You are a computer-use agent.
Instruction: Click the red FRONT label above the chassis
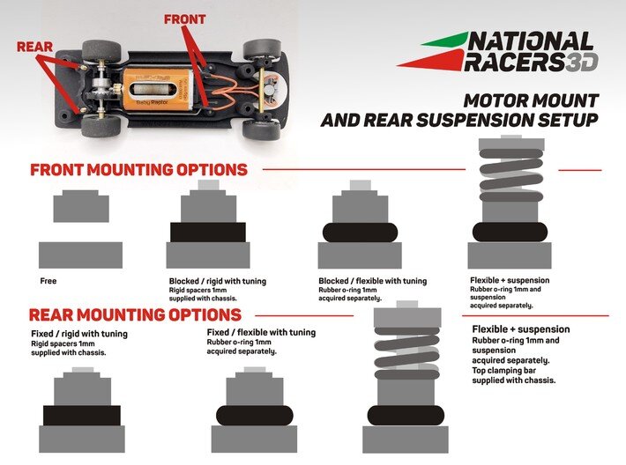pyautogui.click(x=184, y=18)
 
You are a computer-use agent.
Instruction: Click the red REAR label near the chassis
pyautogui.click(x=34, y=47)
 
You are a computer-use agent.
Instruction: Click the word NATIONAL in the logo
pyautogui.click(x=530, y=41)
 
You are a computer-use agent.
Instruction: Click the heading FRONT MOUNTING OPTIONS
pyautogui.click(x=138, y=170)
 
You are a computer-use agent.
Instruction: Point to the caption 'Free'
pyautogui.click(x=48, y=281)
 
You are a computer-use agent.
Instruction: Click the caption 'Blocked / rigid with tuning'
pyautogui.click(x=217, y=281)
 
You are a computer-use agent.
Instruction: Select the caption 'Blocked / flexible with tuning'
pyautogui.click(x=371, y=281)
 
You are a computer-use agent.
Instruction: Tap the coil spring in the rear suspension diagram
pyautogui.click(x=406, y=348)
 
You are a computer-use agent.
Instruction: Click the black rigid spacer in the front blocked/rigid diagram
pyautogui.click(x=208, y=232)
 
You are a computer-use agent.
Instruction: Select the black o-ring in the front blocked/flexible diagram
pyautogui.click(x=359, y=232)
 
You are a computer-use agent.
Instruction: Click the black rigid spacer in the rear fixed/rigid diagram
pyautogui.click(x=81, y=415)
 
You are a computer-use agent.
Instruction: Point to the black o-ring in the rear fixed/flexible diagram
pyautogui.click(x=254, y=415)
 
